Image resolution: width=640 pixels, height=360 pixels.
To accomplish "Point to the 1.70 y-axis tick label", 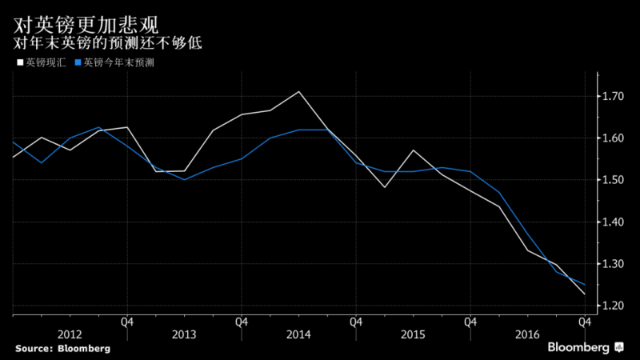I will coord(614,97).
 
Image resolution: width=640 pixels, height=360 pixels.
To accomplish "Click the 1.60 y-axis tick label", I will coord(614,138).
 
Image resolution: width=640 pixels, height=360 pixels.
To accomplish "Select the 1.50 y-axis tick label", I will coord(614,180).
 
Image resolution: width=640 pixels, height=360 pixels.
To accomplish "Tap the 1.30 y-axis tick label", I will coord(614,264).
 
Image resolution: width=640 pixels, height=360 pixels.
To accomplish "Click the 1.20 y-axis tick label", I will coord(614,306).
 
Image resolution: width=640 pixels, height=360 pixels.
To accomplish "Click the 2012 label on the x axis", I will coord(69,334).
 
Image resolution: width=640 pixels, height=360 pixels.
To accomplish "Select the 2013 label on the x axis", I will coord(183,334).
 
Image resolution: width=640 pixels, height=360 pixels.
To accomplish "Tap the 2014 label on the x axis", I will coord(298,334).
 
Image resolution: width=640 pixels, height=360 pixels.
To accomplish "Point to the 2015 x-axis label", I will coord(413,334).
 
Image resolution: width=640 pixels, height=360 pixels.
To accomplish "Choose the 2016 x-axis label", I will coord(527,334).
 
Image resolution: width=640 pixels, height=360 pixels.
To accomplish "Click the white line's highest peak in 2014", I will coord(298,92).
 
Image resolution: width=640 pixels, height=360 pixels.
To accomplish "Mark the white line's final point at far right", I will coord(585,294).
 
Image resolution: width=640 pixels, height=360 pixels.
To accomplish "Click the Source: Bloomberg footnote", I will coord(62,349).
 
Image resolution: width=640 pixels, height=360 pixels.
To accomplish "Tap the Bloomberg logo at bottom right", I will coord(584,347).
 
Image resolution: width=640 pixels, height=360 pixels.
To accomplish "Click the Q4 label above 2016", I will coord(585,322).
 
